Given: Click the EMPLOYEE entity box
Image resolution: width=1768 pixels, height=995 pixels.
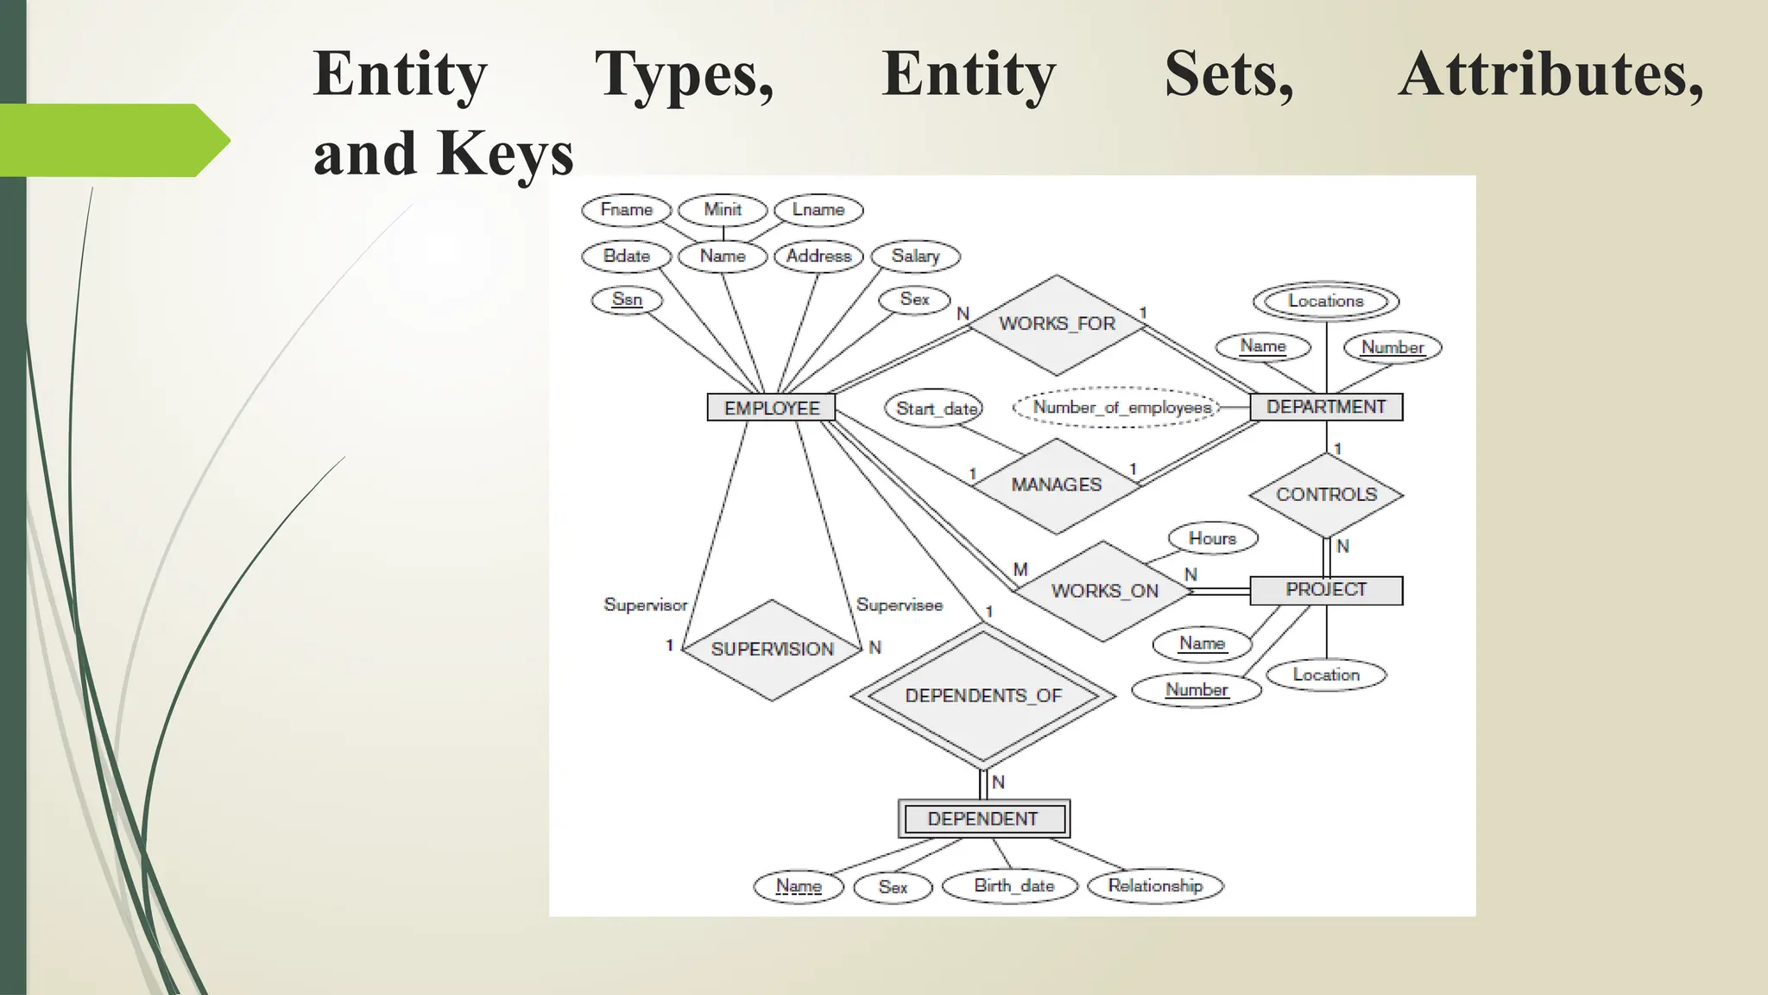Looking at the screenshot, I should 771,408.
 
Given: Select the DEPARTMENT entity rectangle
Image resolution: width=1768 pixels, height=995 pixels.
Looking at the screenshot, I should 1326,407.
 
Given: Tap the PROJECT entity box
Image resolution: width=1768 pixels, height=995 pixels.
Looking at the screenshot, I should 1326,590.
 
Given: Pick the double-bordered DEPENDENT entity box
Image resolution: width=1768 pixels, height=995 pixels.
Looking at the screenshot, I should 983,819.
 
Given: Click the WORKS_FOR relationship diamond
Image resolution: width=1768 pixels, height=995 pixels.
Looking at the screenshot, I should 1057,324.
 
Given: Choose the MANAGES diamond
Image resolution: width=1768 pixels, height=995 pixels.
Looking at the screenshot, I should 1056,485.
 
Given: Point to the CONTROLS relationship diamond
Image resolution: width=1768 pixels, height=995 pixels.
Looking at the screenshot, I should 1326,495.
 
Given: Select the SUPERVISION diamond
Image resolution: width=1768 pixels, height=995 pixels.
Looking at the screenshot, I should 772,650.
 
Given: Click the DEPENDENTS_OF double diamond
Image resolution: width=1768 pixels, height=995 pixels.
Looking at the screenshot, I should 983,696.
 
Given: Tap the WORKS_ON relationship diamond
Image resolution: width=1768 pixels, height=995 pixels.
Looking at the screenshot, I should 1104,592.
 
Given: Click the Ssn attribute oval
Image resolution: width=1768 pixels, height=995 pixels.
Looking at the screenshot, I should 627,300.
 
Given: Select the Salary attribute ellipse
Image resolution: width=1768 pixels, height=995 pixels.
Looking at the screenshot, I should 915,257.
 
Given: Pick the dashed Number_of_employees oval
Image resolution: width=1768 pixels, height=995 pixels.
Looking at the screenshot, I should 1121,408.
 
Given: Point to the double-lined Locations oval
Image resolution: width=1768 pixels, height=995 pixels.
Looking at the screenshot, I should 1325,301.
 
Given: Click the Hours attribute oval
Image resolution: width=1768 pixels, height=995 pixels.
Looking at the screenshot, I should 1212,539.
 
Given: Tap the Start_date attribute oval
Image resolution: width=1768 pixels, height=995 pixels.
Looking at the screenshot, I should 936,409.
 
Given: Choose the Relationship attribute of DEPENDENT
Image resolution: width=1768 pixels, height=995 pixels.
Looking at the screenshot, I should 1155,886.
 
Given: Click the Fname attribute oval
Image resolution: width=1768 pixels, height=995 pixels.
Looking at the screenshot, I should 627,210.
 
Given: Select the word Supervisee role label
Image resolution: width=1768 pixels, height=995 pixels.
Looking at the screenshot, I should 899,605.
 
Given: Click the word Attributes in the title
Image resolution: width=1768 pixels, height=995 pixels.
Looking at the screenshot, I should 1550,76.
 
